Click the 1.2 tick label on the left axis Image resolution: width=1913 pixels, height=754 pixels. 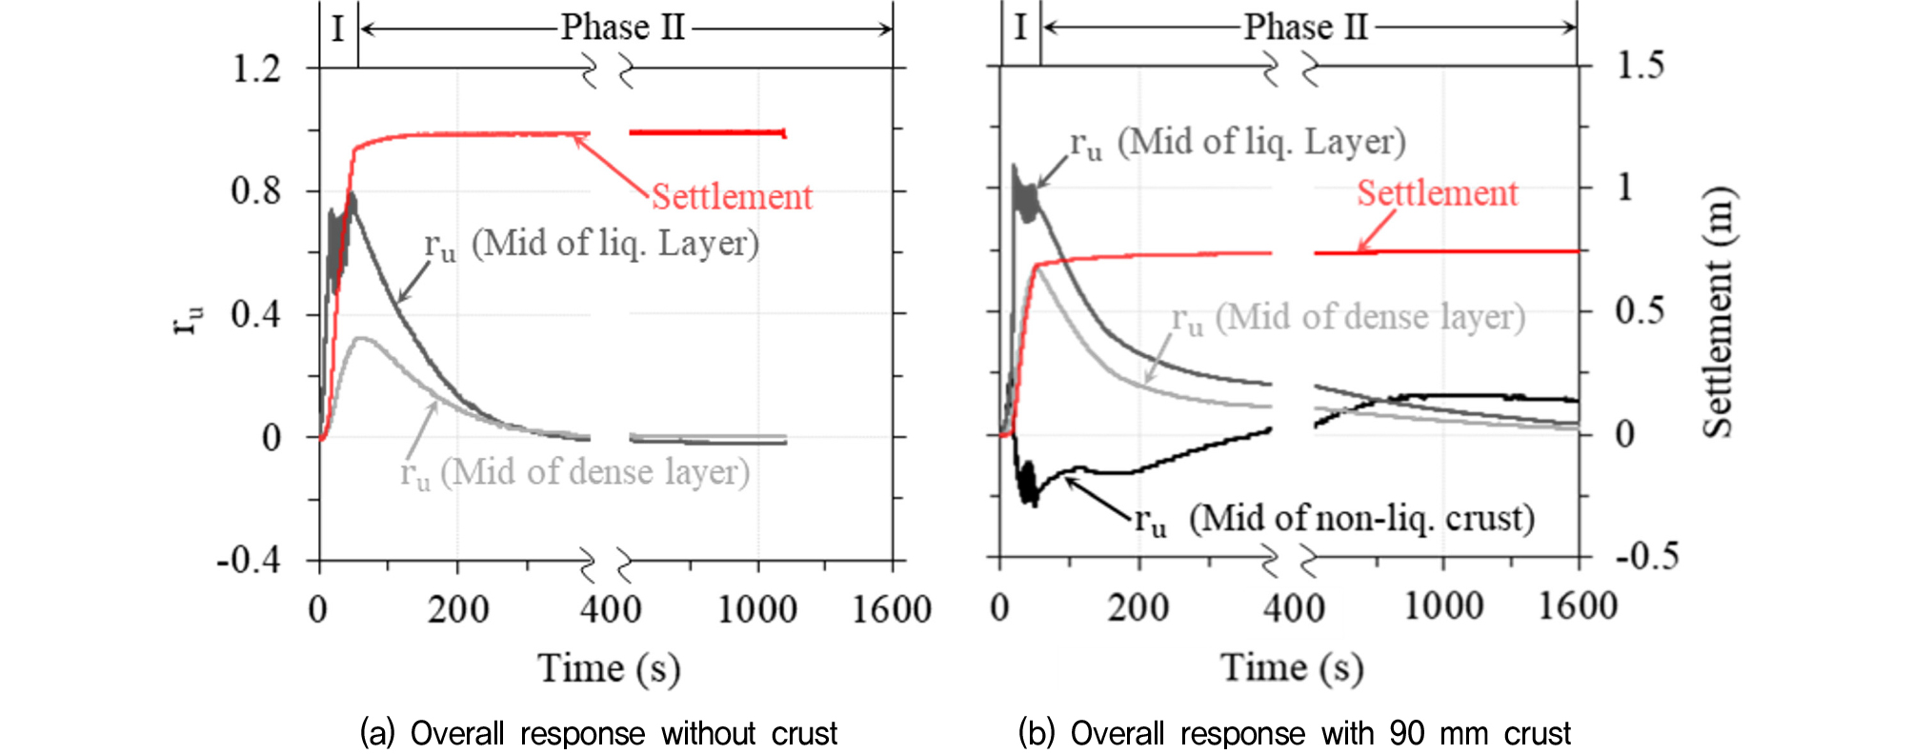256,69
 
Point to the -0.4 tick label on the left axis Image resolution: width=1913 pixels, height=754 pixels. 250,560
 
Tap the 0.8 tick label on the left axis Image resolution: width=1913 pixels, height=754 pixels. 256,191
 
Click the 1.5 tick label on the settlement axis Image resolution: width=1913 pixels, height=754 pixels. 1641,66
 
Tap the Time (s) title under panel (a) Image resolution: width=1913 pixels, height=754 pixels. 609,668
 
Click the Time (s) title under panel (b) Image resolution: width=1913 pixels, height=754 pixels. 1292,668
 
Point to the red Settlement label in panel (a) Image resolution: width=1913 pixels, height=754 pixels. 732,197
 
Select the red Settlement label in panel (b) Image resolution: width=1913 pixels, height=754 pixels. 1437,194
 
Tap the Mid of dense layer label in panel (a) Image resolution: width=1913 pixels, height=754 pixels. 574,472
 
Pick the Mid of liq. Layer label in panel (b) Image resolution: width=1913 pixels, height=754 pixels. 1238,143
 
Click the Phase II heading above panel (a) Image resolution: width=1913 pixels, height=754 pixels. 623,27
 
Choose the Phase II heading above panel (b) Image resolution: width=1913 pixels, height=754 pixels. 1305,27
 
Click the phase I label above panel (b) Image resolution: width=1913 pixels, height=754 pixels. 1020,27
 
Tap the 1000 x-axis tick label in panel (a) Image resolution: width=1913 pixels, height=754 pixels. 756,609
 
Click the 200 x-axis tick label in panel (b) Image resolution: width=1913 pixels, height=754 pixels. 1138,607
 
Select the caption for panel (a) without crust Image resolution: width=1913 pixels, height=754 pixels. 598,733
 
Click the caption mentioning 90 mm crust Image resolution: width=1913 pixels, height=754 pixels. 1294,733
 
